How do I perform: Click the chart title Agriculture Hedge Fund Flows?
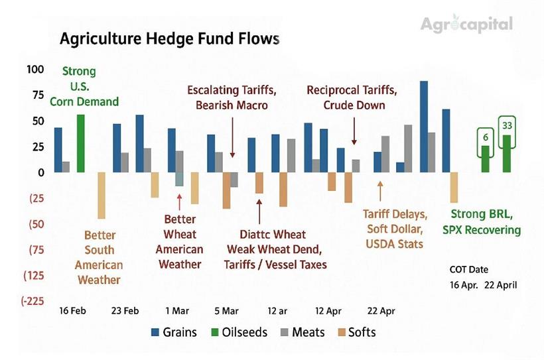(169, 39)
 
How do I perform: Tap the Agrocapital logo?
(466, 25)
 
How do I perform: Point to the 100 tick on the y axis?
(35, 70)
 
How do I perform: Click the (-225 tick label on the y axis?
(33, 301)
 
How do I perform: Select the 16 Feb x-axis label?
(72, 310)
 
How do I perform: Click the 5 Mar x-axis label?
(226, 310)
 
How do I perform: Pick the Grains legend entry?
(174, 332)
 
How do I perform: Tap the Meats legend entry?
(304, 332)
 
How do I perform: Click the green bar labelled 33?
(507, 153)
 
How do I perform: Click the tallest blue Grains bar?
(424, 126)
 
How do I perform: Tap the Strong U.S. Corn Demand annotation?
(90, 86)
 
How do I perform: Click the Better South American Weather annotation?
(99, 257)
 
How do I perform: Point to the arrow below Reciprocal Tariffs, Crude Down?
(354, 131)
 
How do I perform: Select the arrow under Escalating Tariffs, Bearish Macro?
(232, 137)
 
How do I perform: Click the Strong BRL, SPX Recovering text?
(486, 222)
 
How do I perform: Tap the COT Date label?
(469, 270)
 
